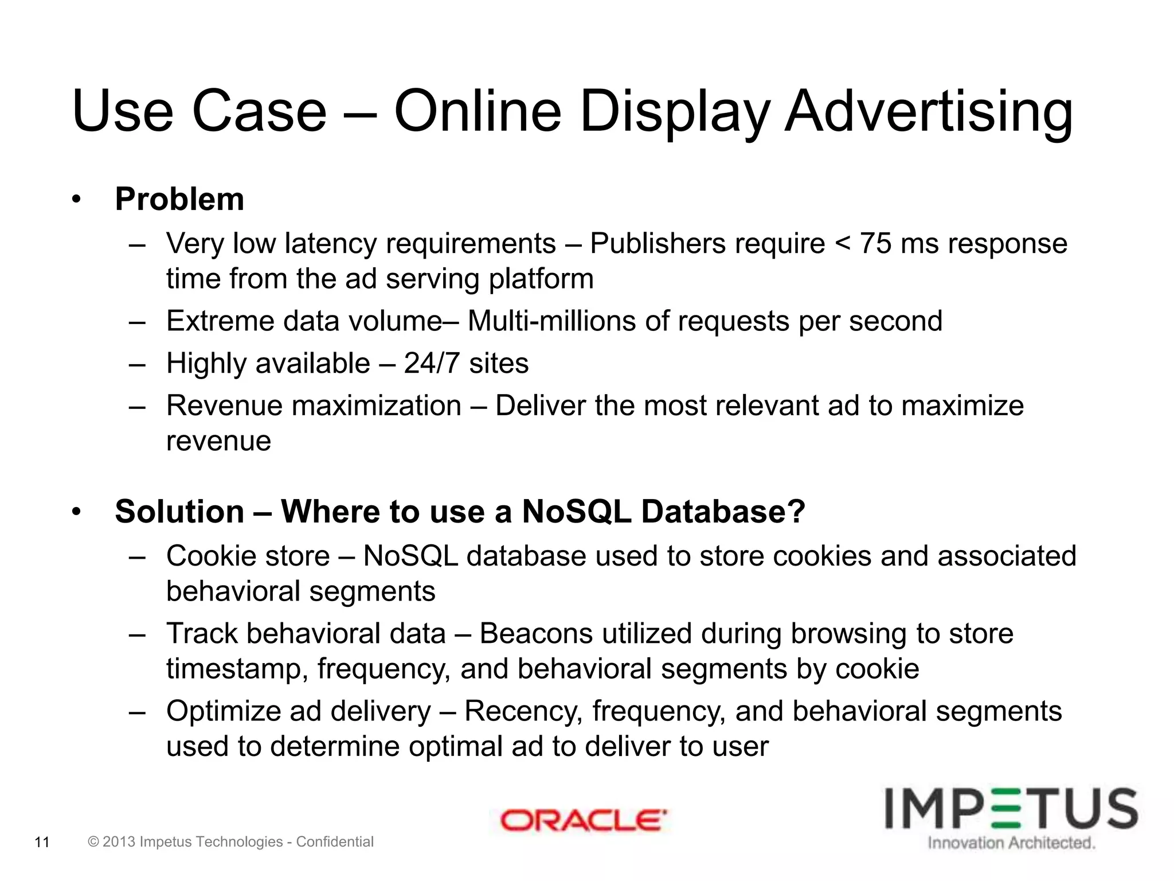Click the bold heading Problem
(179, 200)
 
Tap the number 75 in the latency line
(875, 243)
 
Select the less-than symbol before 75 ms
(843, 244)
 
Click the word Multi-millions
(551, 321)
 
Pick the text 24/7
(432, 364)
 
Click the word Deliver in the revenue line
(540, 406)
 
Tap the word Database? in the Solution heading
(723, 512)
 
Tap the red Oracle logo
(583, 821)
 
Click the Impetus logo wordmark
(1011, 809)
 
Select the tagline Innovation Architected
(1011, 843)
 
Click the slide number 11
(42, 843)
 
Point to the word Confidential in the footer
(335, 842)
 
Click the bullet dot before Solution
(77, 512)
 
